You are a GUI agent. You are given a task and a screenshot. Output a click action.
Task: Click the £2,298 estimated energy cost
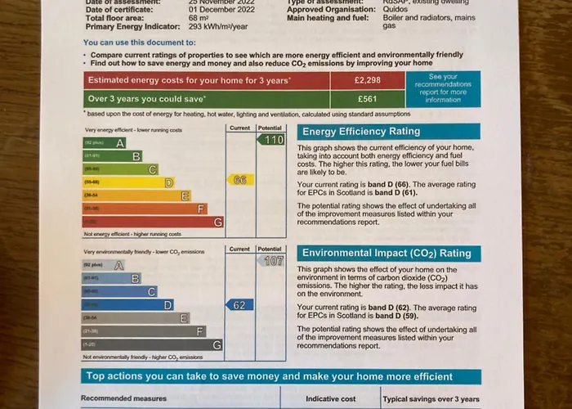pos(368,80)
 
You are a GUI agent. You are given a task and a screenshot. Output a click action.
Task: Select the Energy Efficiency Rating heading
pos(361,131)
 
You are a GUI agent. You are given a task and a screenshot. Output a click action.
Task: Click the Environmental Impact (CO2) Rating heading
pos(387,254)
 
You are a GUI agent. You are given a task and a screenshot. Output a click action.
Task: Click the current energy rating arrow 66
pos(240,179)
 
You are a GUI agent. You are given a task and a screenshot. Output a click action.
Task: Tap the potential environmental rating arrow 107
pos(271,261)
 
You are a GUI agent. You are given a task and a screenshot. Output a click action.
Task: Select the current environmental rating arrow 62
pos(239,305)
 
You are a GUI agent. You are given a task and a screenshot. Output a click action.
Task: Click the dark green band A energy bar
pos(105,143)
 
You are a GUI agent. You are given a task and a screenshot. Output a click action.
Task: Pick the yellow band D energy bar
pos(129,182)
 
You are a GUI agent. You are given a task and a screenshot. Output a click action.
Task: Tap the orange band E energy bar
pos(136,196)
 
